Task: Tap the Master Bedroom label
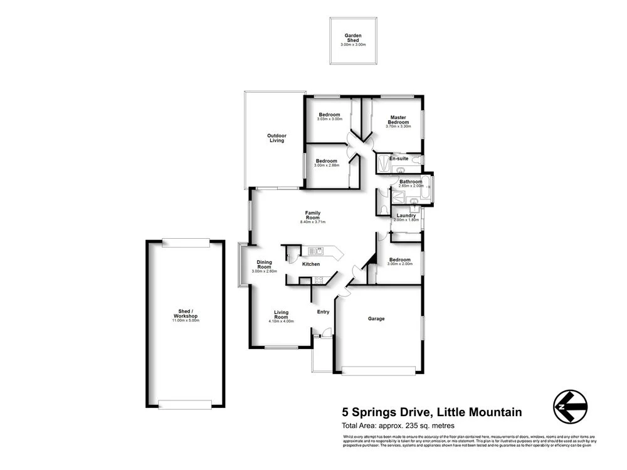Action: [398, 119]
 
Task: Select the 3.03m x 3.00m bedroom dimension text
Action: [329, 119]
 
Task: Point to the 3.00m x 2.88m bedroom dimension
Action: [326, 165]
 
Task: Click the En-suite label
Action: [399, 159]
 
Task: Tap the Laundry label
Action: [405, 216]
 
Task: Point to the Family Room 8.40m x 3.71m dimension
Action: [313, 222]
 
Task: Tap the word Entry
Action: [323, 311]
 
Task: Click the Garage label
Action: [376, 319]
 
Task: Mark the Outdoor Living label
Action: [277, 138]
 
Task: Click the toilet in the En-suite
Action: [416, 159]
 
